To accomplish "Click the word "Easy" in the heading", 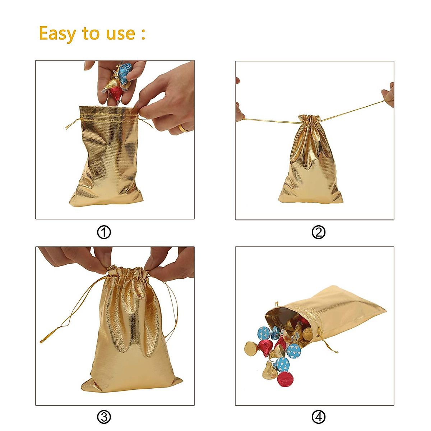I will coord(57,34).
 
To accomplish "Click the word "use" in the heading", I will coord(120,34).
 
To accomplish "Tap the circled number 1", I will coord(104,232).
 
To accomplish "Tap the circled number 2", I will coord(319,232).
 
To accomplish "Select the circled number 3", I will coord(104,417).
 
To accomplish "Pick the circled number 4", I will coord(319,417).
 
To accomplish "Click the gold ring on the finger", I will coord(184,128).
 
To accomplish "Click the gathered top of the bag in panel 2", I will coord(309,119).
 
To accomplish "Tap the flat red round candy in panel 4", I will coord(285,379).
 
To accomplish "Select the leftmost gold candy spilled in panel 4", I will coord(252,348).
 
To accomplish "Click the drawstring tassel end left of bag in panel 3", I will coord(44,339).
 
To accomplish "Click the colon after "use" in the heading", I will coord(143,34).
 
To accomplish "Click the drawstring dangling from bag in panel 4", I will coord(329,345).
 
